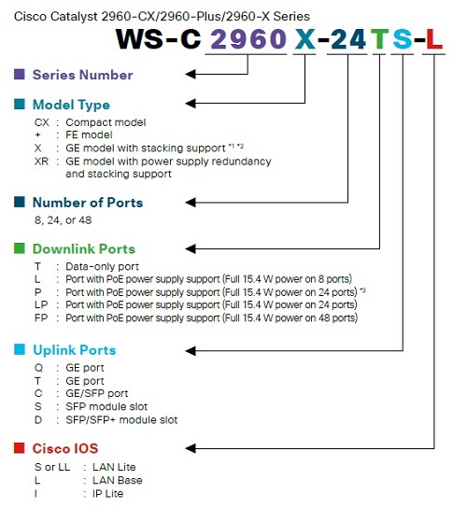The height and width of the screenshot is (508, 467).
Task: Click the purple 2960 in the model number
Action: coord(248,39)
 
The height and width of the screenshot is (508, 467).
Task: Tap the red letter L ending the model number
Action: coord(434,39)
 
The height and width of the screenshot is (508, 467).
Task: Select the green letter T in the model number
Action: coord(379,39)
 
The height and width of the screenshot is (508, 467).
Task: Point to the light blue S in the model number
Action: coord(403,39)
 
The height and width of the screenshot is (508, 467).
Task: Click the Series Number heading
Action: coord(82,75)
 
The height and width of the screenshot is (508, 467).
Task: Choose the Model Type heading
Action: coord(71,105)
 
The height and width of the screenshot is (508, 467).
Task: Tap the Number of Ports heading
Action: coord(88,203)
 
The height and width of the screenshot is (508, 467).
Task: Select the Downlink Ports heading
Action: coord(84,249)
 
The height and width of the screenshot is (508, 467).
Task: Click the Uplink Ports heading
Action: coord(75,350)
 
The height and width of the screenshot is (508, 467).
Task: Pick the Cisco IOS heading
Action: coord(65,449)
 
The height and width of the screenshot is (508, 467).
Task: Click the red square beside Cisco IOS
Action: coord(20,448)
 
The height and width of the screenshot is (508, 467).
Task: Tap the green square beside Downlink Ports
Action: coord(20,248)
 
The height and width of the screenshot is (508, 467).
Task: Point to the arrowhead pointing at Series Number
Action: coord(191,74)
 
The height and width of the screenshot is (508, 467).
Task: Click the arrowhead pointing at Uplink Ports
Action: coord(191,350)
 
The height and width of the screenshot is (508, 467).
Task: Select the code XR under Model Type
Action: coord(41,161)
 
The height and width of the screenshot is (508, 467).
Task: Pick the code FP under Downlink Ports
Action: coord(41,317)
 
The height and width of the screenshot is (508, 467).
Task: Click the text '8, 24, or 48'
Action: coord(64,220)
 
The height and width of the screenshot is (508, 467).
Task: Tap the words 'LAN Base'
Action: coord(118,480)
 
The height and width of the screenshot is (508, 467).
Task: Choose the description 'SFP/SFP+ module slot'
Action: coord(121,420)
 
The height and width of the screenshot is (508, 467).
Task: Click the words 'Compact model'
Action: coord(106,122)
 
